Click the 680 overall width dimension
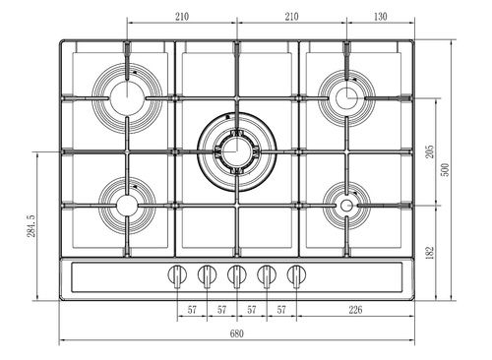pos(236,333)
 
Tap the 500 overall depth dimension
pos(446,169)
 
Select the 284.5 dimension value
pos(31,226)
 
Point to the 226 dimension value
pos(355,310)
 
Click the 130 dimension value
pos(381,17)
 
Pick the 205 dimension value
pos(430,151)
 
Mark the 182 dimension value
pos(430,253)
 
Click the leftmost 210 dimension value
pos(182,17)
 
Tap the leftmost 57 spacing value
pos(192,310)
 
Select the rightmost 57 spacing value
pos(281,310)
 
